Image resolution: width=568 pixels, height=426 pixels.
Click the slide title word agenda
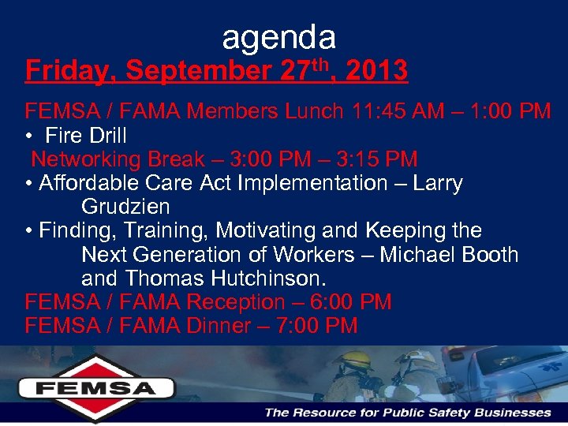pyautogui.click(x=279, y=36)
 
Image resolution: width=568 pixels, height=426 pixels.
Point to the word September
pyautogui.click(x=199, y=71)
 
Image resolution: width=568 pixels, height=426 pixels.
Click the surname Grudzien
pyautogui.click(x=125, y=207)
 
